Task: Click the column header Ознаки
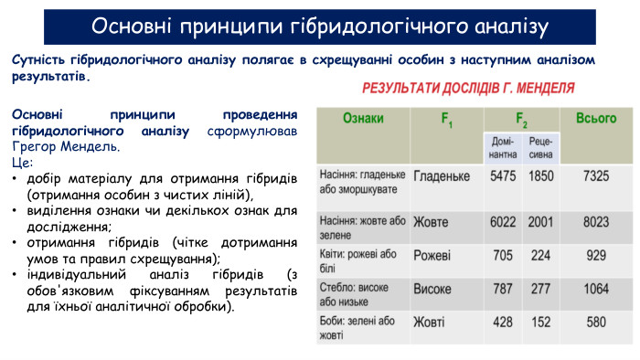click(363, 118)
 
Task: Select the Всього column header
click(596, 118)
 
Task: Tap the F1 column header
click(447, 120)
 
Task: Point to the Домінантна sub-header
click(503, 148)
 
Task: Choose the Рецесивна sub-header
click(541, 148)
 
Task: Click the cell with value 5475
click(503, 176)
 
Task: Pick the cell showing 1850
click(541, 176)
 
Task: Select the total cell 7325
click(596, 176)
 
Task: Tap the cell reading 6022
click(503, 222)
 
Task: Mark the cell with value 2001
click(541, 222)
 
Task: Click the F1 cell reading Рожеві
click(432, 256)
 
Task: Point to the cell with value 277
click(541, 289)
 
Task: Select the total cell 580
click(596, 323)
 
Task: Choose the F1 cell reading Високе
click(432, 289)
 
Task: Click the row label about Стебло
click(354, 295)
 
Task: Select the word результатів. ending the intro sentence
click(51, 77)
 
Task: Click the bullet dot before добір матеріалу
click(15, 179)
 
